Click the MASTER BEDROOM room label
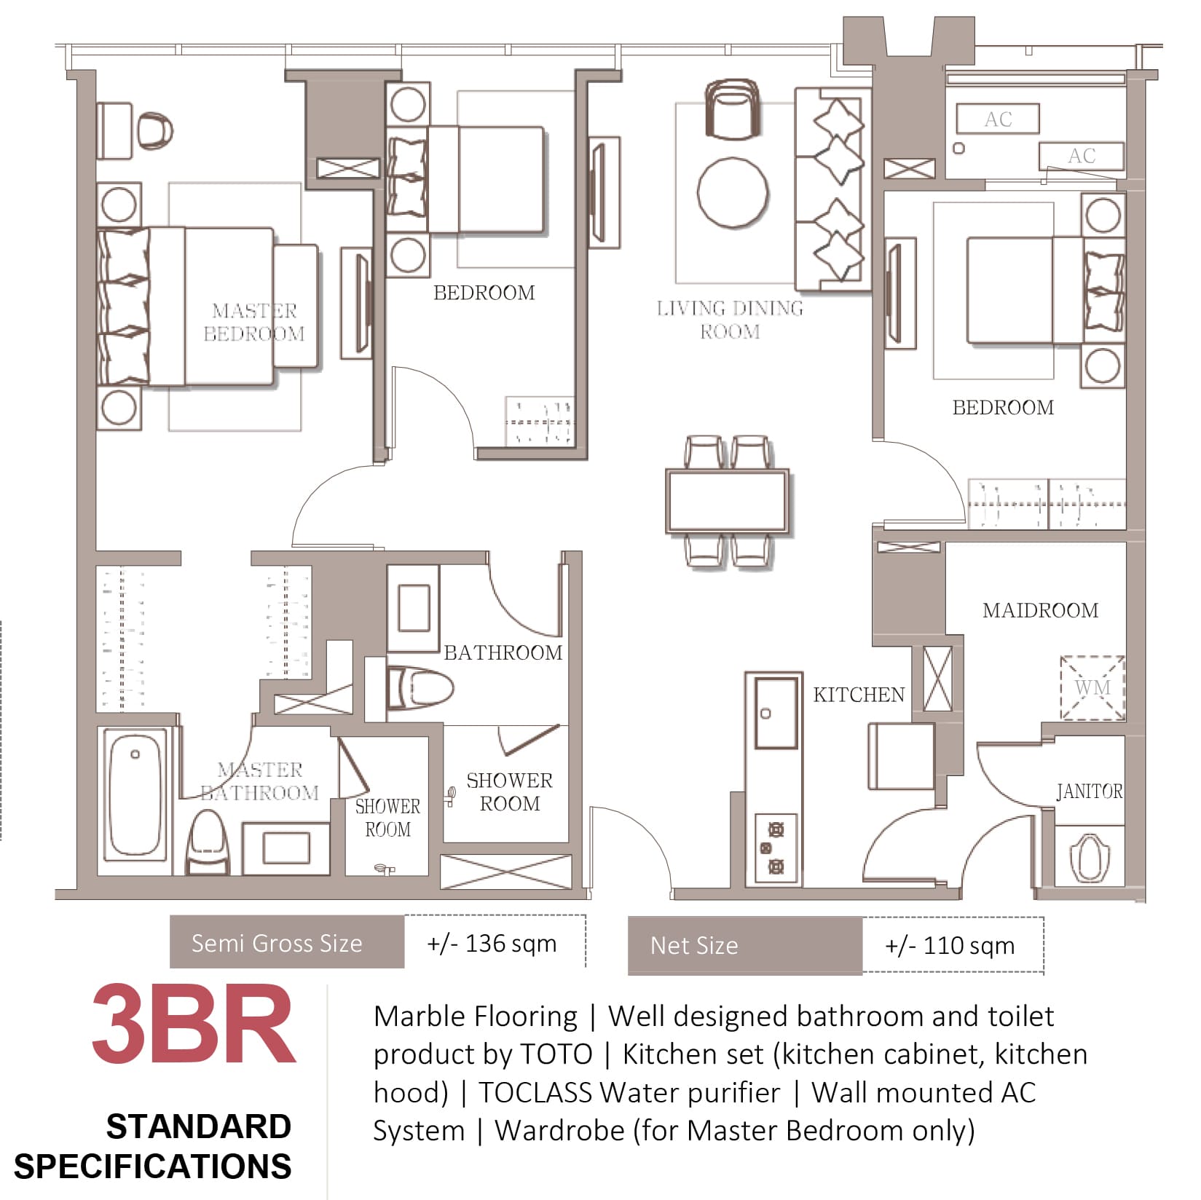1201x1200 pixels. [x=254, y=322]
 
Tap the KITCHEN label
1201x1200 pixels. [x=859, y=695]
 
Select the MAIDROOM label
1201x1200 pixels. [x=1040, y=610]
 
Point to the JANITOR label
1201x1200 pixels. [x=1090, y=791]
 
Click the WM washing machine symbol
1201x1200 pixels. [x=1092, y=688]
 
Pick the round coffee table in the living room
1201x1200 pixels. [x=732, y=193]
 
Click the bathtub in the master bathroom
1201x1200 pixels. [x=135, y=794]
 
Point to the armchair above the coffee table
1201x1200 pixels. [x=732, y=109]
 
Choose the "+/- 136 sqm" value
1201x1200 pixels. [x=492, y=944]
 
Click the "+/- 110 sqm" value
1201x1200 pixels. [x=950, y=946]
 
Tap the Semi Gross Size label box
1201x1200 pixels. [x=287, y=942]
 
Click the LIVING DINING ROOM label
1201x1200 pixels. [x=730, y=320]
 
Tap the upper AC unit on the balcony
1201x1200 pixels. [x=998, y=119]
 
